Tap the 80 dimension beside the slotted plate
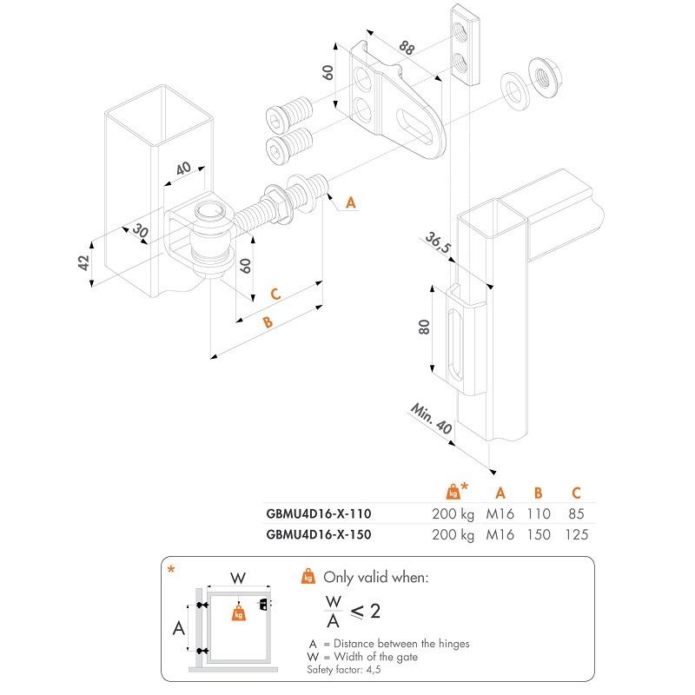[424, 328]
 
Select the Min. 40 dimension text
[432, 420]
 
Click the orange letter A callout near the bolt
[350, 202]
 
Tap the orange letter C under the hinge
[275, 294]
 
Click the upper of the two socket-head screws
[289, 113]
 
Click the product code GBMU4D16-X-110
[318, 513]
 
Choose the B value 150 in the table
[538, 534]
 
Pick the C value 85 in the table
[575, 513]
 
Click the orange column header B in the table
[538, 492]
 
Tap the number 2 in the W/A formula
[375, 612]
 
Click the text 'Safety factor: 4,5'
[343, 670]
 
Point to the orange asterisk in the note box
[171, 570]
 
